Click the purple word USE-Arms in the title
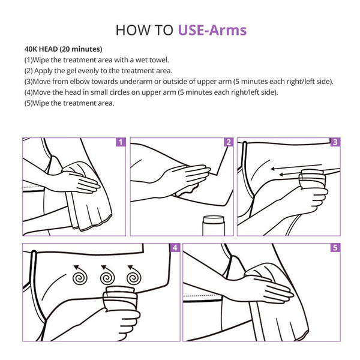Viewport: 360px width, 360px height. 212,31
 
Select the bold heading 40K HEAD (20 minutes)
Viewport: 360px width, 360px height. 64,49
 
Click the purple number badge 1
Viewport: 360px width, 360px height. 121,142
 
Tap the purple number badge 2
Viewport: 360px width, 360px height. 229,142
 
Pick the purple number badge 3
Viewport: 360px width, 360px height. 335,142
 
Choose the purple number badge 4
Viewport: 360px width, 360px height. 175,248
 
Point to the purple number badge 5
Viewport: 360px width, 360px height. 335,248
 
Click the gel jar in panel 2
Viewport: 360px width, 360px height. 214,226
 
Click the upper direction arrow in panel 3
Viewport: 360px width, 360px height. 296,167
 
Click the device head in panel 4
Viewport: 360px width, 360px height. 121,298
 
